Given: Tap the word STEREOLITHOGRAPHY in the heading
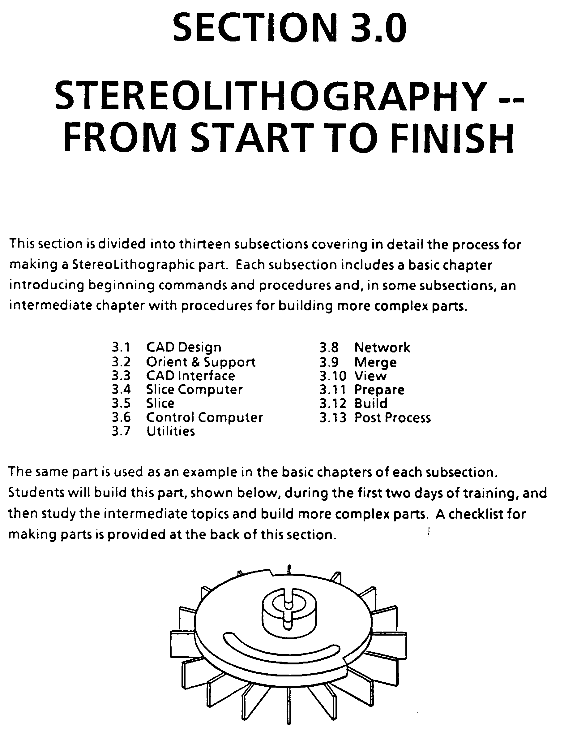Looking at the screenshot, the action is (271, 96).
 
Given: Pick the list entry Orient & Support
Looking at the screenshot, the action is (201, 362).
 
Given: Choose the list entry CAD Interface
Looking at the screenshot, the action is (190, 376).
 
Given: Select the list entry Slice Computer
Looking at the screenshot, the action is (194, 390).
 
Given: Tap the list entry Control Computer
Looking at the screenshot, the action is (204, 417).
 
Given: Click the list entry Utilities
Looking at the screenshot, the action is (171, 431).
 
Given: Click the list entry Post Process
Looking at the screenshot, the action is (392, 417).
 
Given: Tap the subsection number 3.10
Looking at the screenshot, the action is (333, 376).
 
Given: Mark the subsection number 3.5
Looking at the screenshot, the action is (121, 404).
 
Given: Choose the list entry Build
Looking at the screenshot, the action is (371, 404).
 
